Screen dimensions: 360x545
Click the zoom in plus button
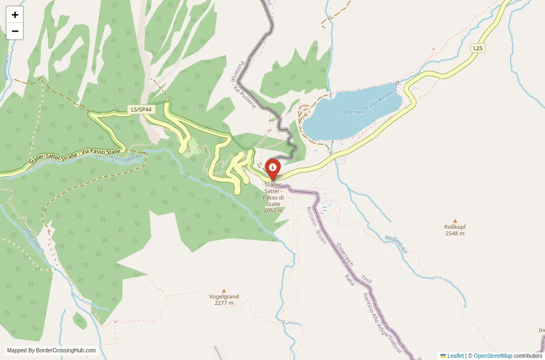pyautogui.click(x=15, y=15)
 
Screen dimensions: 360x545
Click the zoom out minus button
pyautogui.click(x=15, y=31)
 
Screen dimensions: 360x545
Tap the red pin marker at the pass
pyautogui.click(x=272, y=169)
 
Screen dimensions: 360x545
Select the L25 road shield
pyautogui.click(x=477, y=48)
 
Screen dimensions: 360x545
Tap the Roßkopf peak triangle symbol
pyautogui.click(x=455, y=221)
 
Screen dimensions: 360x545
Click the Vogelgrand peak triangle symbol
pyautogui.click(x=224, y=290)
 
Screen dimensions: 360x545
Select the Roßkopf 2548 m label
pyautogui.click(x=455, y=230)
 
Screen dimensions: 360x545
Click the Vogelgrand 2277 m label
pyautogui.click(x=224, y=300)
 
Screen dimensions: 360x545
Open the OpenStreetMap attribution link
pyautogui.click(x=493, y=356)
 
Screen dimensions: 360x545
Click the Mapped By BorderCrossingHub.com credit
pyautogui.click(x=52, y=351)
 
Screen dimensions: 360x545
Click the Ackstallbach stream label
pyautogui.click(x=125, y=158)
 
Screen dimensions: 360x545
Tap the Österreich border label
pyautogui.click(x=345, y=255)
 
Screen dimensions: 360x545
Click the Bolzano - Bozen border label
pyautogui.click(x=316, y=225)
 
